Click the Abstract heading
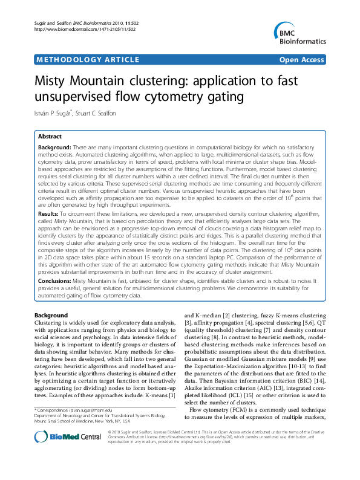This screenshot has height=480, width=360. [50, 137]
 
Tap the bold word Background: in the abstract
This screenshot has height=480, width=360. [54, 148]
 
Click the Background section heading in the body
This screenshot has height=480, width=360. [51, 316]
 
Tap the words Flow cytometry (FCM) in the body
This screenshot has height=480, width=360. [218, 427]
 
